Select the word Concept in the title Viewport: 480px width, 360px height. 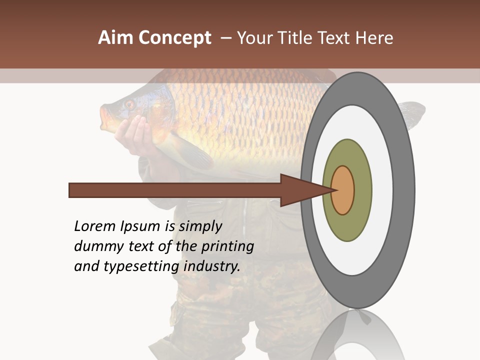[174, 38]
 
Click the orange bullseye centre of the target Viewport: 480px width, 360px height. [343, 190]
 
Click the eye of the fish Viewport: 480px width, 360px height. [129, 104]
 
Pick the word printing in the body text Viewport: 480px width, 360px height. [229, 247]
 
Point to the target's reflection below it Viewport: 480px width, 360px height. [357, 335]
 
